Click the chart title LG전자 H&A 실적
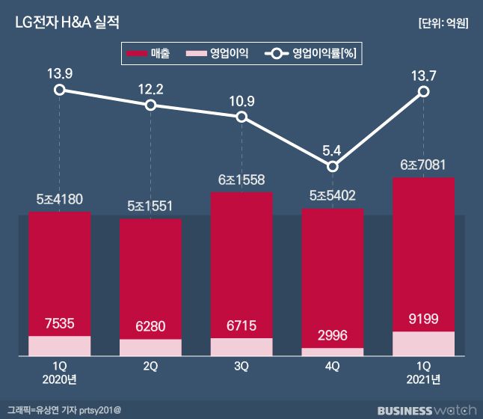click(66, 22)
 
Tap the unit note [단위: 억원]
click(443, 23)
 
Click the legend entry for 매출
click(150, 54)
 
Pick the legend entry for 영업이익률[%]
click(313, 54)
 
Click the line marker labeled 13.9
click(60, 91)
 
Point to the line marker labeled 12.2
click(151, 105)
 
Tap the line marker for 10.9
click(241, 117)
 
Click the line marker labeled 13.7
click(423, 91)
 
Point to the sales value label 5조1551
click(150, 206)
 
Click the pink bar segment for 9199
click(423, 343)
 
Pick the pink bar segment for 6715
click(241, 346)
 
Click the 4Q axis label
click(332, 367)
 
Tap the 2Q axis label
click(150, 367)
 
